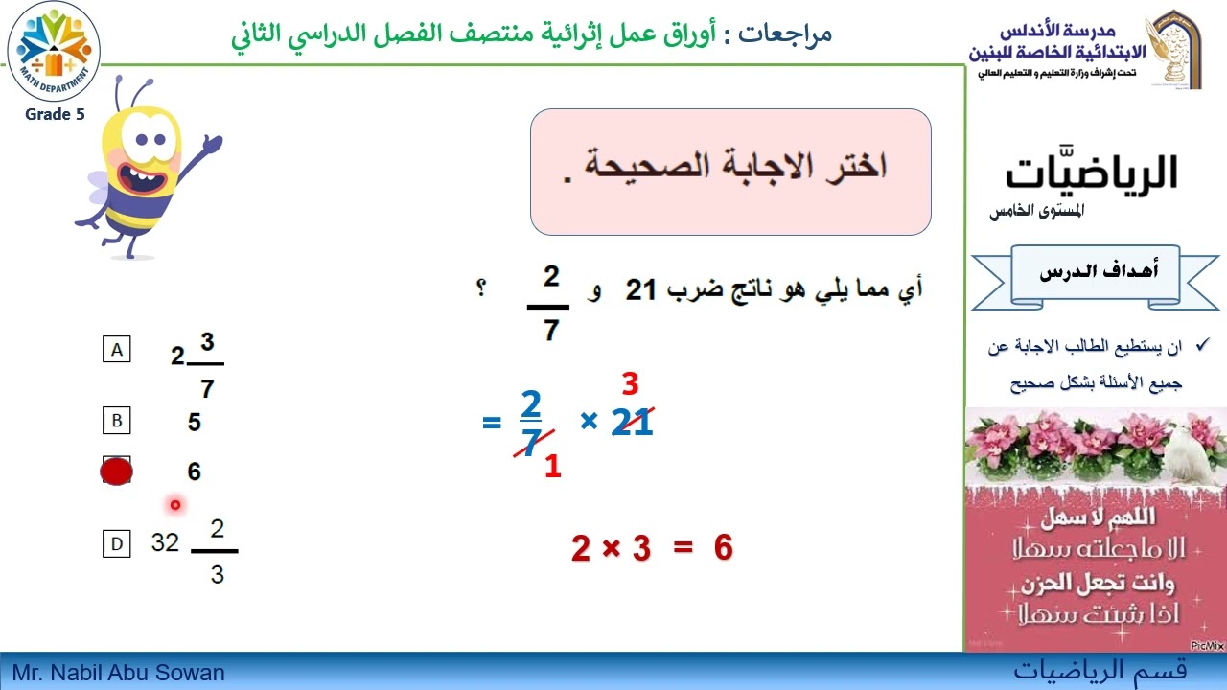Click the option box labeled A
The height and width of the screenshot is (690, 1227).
point(117,350)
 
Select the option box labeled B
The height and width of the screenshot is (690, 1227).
point(117,420)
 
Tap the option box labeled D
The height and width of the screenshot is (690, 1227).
point(117,544)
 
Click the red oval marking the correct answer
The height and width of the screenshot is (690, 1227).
point(117,471)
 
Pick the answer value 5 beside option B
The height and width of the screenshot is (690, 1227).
point(195,422)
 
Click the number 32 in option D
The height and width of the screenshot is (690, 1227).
point(165,542)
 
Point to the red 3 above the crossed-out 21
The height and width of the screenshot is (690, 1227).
point(630,384)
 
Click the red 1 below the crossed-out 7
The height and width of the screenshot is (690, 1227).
point(552,467)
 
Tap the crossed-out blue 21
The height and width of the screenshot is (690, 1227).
point(632,422)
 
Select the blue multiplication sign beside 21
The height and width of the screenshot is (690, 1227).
point(589,421)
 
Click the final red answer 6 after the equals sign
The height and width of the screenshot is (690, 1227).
point(723,548)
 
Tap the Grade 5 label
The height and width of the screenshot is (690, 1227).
point(55,115)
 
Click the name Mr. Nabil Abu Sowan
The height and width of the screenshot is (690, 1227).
point(119,673)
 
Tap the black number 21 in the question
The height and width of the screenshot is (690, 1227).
point(640,289)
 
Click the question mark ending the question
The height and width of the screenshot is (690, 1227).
point(480,287)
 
